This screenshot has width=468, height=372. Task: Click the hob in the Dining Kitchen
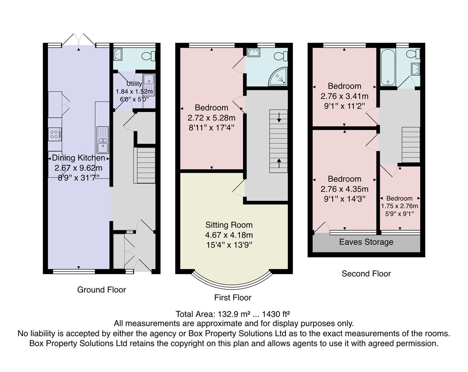[54, 134]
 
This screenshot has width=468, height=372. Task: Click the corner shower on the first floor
[279, 77]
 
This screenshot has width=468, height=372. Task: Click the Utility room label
[134, 83]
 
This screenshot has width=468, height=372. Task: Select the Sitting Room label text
[229, 225]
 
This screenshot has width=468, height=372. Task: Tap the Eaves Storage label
[366, 242]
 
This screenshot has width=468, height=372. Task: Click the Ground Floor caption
[101, 290]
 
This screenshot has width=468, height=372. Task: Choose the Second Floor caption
[366, 273]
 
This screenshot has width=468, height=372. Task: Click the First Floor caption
[232, 297]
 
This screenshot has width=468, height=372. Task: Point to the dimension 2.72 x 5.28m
[211, 118]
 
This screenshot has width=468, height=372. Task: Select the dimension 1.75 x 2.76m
[399, 206]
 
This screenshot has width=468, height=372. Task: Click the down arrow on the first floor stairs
[279, 117]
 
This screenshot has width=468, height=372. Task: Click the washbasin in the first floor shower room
[253, 52]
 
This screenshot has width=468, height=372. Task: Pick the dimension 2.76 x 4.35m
[344, 189]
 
